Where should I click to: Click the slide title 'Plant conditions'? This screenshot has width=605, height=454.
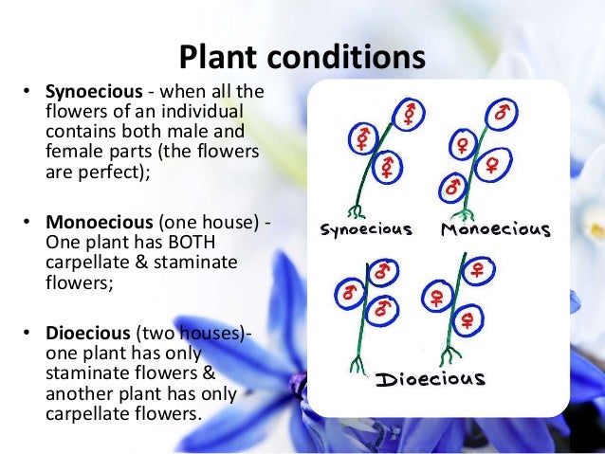pyautogui.click(x=302, y=57)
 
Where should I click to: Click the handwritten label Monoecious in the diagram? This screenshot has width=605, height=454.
pyautogui.click(x=495, y=229)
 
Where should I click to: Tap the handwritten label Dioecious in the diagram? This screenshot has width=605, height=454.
pyautogui.click(x=430, y=380)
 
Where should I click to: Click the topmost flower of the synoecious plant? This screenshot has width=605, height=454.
pyautogui.click(x=409, y=115)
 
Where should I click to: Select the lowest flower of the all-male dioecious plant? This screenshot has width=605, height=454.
pyautogui.click(x=384, y=307)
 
